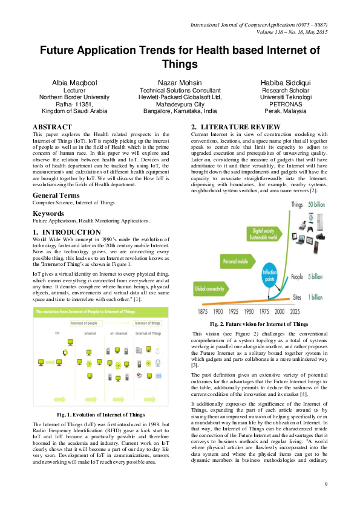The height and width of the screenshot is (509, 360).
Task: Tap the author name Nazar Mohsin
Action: click(x=180, y=82)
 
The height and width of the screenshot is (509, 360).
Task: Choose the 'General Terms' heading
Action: click(x=59, y=178)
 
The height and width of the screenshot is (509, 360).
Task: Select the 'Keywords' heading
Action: click(x=48, y=196)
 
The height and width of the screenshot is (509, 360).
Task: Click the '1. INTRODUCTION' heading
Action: click(x=67, y=232)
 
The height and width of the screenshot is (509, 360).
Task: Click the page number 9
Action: click(x=326, y=484)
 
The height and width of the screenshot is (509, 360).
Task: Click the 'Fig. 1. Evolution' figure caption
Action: click(x=100, y=415)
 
